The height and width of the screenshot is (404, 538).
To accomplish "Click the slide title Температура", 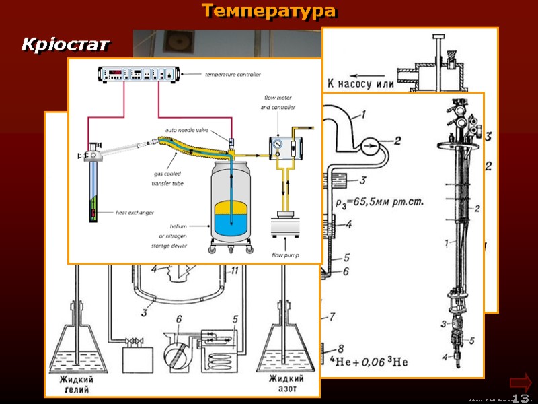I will (x=268, y=11).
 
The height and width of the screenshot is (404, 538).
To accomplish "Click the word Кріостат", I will (x=65, y=45).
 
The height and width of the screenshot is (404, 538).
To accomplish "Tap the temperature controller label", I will (x=233, y=75).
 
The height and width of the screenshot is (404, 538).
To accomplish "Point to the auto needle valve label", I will (x=186, y=129).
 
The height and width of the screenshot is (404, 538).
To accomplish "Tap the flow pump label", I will (x=285, y=255).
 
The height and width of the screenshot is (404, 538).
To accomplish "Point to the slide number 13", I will (x=521, y=399).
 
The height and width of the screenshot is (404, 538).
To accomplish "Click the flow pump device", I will (x=284, y=226).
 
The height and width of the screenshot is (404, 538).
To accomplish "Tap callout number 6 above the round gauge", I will (x=178, y=319).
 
